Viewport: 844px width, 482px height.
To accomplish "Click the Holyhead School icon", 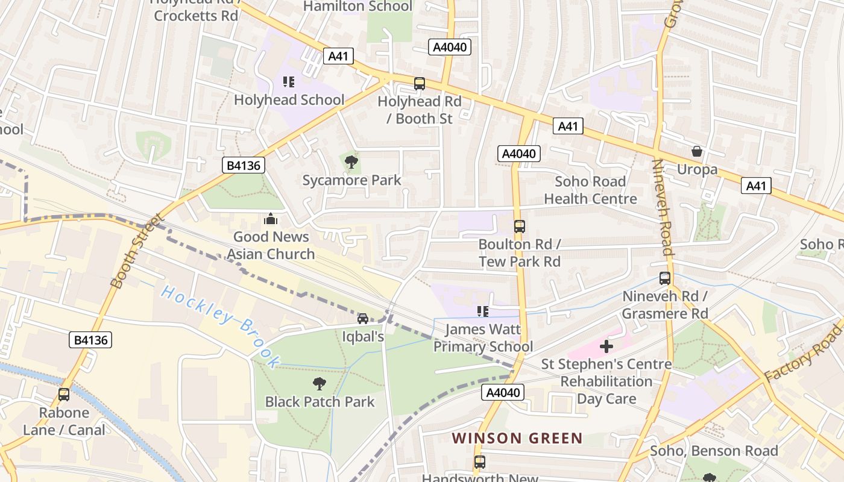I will coord(288,82).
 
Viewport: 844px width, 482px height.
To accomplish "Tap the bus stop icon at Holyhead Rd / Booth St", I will coord(419,84).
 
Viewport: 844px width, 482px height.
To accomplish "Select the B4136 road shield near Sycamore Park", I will coord(244,165).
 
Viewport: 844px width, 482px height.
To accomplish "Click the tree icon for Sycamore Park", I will coord(351,161).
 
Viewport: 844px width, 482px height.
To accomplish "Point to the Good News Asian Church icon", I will coord(271,218).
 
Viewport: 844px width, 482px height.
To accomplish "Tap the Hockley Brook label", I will coord(220,326).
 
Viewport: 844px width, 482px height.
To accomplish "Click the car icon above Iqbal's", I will coord(363,318).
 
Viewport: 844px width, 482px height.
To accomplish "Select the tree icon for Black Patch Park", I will coord(320,383).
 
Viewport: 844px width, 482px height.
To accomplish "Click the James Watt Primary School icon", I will coord(482,311).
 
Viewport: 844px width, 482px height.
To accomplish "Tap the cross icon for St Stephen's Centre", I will coord(606,346).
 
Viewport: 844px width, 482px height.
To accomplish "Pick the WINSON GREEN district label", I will coord(517,438).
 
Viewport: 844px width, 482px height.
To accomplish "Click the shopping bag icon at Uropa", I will coord(697,151).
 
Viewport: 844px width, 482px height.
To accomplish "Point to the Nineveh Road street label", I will coord(663,208).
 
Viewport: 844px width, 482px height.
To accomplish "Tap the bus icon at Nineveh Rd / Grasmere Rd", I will coord(664,278).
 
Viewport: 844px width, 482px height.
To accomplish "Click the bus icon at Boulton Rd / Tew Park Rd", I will coord(519,227).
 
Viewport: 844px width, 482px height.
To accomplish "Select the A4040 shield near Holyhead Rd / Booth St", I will coord(450,47).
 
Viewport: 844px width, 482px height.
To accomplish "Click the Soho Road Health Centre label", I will coord(590,190).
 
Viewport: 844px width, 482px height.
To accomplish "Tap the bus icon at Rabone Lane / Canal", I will coord(64,395).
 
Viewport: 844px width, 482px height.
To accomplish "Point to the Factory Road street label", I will coord(804,352).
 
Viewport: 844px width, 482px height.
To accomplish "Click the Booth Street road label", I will coord(137,250).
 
